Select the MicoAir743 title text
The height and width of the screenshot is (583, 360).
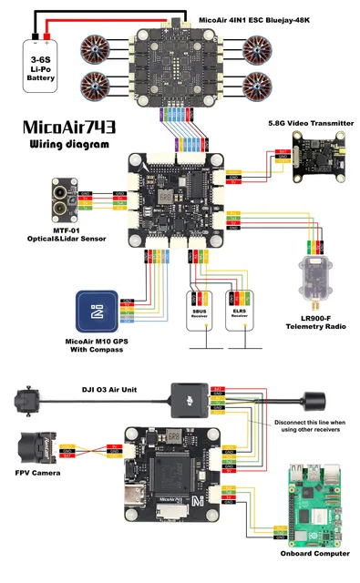click(x=74, y=128)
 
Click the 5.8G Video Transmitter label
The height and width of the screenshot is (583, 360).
click(x=305, y=122)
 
